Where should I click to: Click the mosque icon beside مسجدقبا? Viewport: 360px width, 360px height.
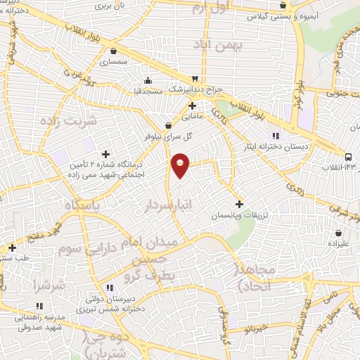coord(147,79)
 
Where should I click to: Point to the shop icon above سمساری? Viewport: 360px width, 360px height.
coord(114,50)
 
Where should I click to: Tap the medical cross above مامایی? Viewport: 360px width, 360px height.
coord(192,105)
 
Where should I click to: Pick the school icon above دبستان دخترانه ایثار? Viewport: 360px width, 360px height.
coord(276,135)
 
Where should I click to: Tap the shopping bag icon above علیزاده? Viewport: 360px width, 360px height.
coord(339,233)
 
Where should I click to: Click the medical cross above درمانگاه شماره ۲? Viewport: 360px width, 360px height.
coord(106,153)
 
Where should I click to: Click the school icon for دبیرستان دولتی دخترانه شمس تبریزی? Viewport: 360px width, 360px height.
coord(109,288)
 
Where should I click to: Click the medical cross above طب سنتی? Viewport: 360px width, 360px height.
coord(12,247)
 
